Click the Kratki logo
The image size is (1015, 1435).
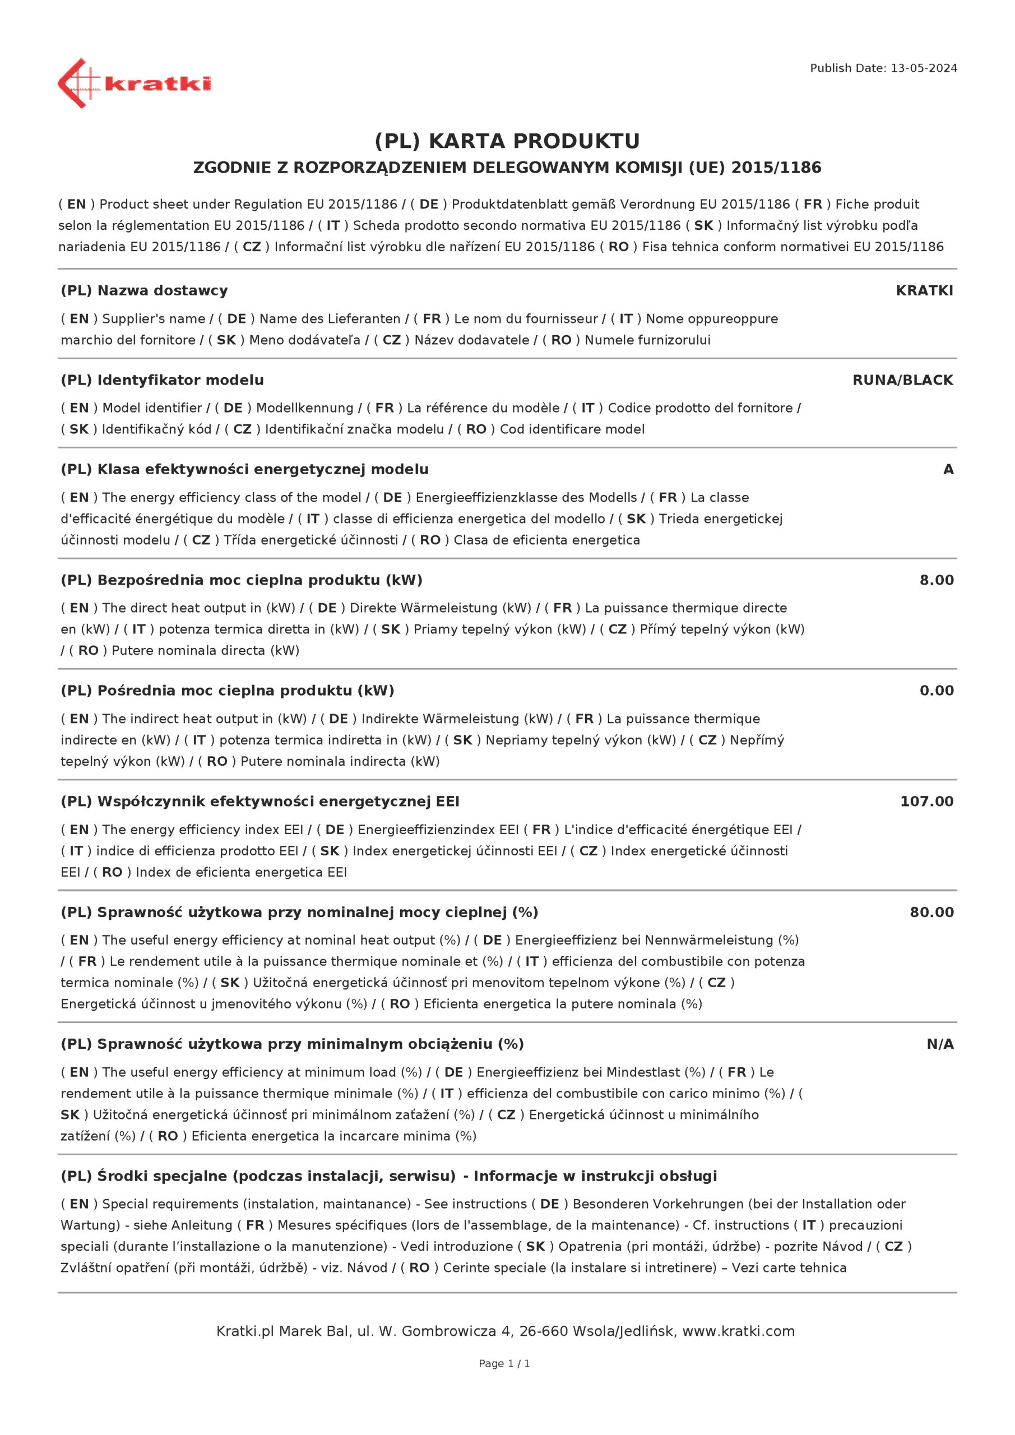pos(134,83)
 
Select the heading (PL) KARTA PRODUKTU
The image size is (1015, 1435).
pos(507,141)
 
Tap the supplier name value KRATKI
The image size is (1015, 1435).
pos(924,290)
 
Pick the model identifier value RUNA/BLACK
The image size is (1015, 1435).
pos(902,380)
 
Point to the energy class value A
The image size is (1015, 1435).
pos(948,469)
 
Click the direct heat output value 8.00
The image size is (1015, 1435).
pos(935,580)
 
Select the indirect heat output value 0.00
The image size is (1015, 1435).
pos(935,691)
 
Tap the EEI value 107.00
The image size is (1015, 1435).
pos(926,801)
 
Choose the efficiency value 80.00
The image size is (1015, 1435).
pos(931,912)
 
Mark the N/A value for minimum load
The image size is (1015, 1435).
pos(939,1044)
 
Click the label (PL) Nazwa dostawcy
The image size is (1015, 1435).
pos(145,290)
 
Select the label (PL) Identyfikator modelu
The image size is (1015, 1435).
pos(162,380)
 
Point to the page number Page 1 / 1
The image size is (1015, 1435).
pos(504,1363)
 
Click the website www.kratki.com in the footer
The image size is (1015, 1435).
pos(738,1331)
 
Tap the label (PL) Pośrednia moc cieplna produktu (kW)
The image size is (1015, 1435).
pos(227,691)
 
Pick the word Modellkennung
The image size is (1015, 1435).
pos(304,408)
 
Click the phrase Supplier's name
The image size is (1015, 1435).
pos(153,319)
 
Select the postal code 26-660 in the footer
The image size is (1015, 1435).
pos(543,1331)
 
